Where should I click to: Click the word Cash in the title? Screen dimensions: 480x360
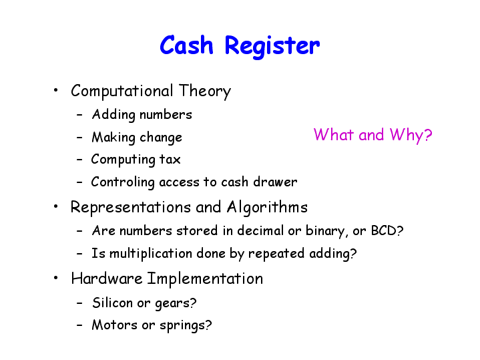[x=186, y=45]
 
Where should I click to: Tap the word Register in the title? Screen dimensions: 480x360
[x=272, y=47]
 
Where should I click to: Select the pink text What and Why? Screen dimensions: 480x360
[x=373, y=135]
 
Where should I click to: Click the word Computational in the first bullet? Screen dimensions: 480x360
[x=122, y=92]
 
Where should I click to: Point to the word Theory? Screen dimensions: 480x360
[x=205, y=92]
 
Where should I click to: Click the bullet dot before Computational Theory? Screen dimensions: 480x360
[x=55, y=90]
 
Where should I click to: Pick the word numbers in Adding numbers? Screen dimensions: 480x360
[x=166, y=115]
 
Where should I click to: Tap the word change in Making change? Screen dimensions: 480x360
[x=161, y=138]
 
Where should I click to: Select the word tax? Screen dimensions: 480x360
[x=170, y=160]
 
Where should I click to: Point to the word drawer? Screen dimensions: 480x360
[x=275, y=182]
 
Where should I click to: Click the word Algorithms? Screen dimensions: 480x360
[x=267, y=208]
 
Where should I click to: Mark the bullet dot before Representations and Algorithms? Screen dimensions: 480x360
[x=55, y=206]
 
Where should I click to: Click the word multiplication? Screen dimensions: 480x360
[x=151, y=254]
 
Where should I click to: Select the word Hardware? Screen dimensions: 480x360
[x=107, y=279]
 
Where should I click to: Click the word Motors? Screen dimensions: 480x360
[x=114, y=325]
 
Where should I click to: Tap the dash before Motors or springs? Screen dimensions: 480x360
[x=79, y=325]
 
